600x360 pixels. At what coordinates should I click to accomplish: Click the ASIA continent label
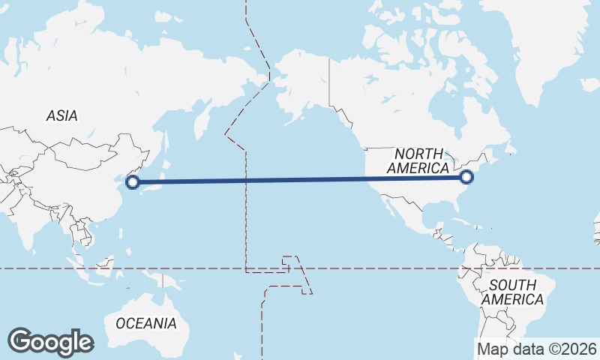tap(61, 116)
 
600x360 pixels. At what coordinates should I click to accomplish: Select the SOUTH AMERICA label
tap(513, 292)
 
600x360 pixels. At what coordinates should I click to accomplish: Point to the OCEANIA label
tap(146, 324)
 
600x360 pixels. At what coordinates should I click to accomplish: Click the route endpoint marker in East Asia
tap(132, 181)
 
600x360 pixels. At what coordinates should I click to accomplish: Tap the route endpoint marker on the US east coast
tap(466, 177)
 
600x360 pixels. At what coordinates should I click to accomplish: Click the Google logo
tap(50, 342)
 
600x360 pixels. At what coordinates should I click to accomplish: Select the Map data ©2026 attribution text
tap(537, 349)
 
